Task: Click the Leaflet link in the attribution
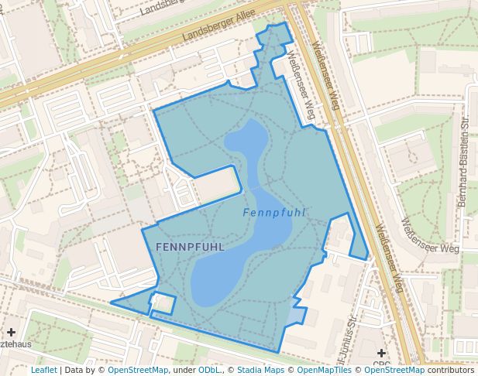(x=43, y=371)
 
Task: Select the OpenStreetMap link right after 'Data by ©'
(x=138, y=371)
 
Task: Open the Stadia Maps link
(x=260, y=371)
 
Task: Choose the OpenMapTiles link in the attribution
(x=319, y=371)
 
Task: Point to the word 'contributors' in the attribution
(x=450, y=371)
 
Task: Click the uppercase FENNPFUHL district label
(x=190, y=247)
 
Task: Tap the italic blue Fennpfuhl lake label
(x=273, y=213)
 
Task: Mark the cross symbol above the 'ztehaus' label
(x=11, y=332)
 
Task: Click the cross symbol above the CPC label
(x=381, y=353)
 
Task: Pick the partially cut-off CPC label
(x=381, y=364)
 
